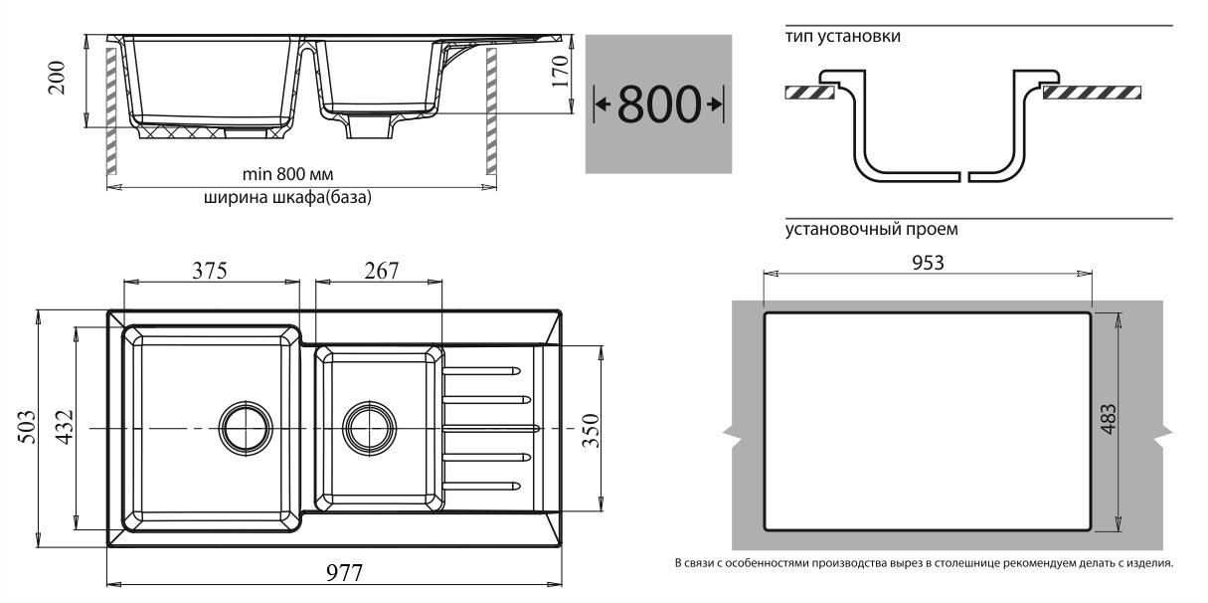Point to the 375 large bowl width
pos(210,271)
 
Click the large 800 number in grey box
pos(659,103)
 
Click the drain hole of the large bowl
pos(246,428)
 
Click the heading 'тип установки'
pos(843,37)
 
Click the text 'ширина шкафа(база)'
pos(287,197)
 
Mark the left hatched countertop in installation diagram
pos(809,93)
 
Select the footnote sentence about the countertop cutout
pos(924,563)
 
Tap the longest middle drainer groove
pos(491,428)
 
